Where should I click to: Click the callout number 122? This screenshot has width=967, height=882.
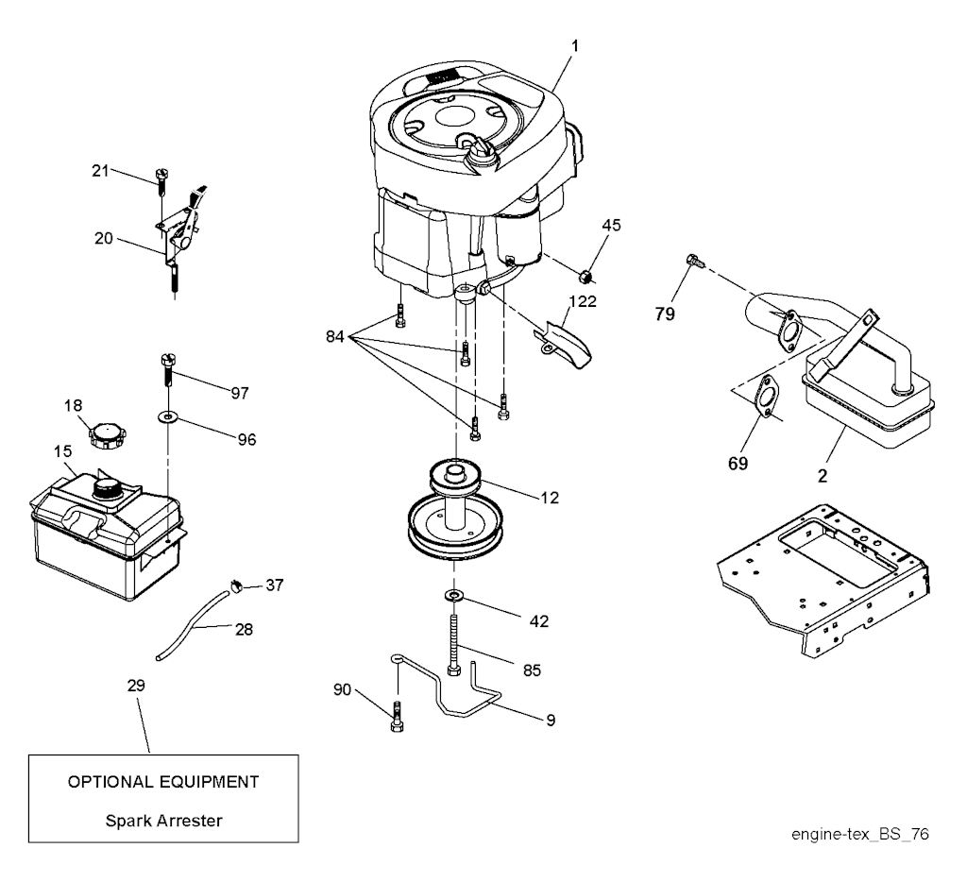(583, 301)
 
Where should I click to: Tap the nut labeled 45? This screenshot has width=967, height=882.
(586, 276)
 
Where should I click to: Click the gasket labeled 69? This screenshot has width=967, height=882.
(767, 396)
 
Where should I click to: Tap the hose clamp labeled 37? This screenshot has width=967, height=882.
(236, 585)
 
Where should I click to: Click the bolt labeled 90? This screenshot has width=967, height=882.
(398, 717)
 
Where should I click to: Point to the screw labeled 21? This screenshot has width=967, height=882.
(162, 180)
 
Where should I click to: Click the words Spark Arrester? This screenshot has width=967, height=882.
(163, 821)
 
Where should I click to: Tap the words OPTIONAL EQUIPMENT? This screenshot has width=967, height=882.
(163, 782)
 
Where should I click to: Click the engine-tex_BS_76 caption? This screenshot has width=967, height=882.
(859, 834)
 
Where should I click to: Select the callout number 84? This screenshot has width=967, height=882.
(335, 337)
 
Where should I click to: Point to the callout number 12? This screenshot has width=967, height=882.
(550, 498)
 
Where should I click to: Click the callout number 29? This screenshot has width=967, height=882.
(136, 686)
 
